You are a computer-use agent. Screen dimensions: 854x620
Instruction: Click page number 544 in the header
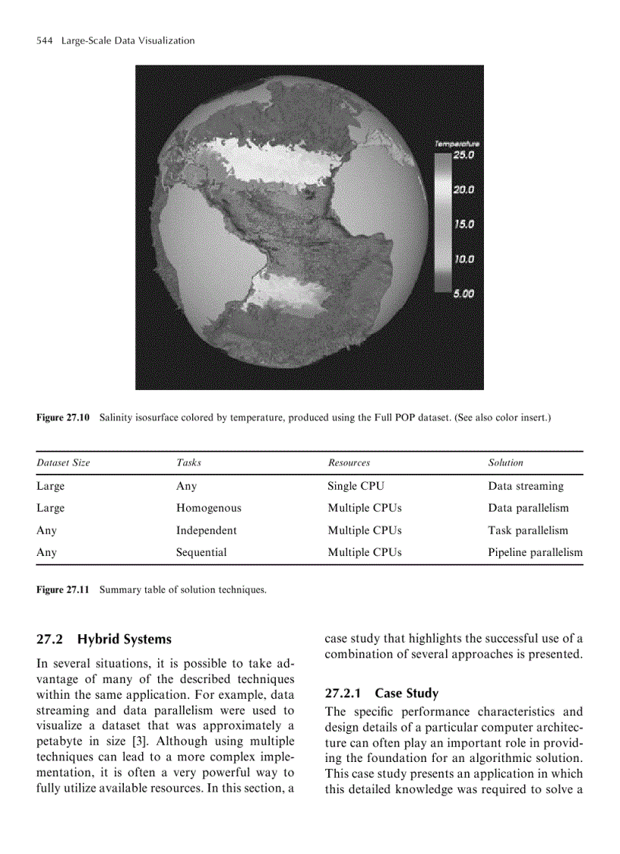pos(44,40)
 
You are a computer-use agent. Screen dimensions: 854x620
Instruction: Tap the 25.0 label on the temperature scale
pos(463,154)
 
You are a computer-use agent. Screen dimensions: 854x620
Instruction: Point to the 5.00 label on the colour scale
pos(463,293)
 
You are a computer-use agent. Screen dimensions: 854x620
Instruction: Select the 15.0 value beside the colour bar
pos(463,224)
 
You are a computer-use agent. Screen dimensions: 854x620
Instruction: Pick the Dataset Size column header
pos(63,462)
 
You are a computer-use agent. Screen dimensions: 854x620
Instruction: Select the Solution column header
pos(505,462)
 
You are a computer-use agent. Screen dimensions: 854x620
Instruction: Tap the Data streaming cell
pos(525,486)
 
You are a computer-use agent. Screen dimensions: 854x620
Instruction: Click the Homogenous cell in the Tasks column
pos(208,508)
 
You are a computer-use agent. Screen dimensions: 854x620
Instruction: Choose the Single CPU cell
pos(356,486)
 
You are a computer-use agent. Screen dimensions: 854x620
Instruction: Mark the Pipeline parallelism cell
pos(535,553)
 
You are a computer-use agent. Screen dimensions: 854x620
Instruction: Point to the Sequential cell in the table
pos(201,553)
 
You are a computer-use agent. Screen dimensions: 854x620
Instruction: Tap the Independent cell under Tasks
pos(206,531)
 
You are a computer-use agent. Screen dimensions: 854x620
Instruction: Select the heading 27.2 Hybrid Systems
pos(104,640)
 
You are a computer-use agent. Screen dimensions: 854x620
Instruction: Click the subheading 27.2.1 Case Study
pos(381,694)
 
